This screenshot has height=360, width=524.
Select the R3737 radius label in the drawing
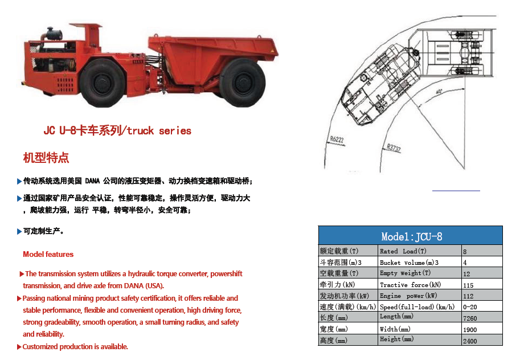click(394, 149)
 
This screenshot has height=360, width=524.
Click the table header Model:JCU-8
click(411, 236)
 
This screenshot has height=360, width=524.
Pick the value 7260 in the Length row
click(470, 318)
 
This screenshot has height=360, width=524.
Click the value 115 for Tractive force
click(469, 285)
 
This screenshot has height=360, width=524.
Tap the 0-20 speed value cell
click(470, 307)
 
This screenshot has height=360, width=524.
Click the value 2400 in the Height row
click(470, 341)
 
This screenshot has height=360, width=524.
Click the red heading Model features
click(48, 255)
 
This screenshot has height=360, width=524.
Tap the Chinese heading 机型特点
click(46, 158)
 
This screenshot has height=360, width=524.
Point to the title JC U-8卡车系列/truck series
click(117, 131)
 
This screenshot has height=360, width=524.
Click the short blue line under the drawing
click(456, 190)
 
